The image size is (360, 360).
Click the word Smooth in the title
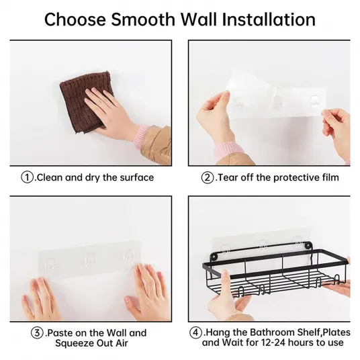point(143,19)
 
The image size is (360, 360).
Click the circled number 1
point(27,177)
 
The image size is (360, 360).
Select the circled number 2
point(208,177)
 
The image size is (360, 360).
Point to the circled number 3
point(37,333)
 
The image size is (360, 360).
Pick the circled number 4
point(195,332)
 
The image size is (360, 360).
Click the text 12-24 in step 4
point(273,343)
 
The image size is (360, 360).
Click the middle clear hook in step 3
point(89,260)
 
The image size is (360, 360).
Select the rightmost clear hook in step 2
point(314,101)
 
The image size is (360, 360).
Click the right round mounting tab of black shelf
point(308,245)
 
